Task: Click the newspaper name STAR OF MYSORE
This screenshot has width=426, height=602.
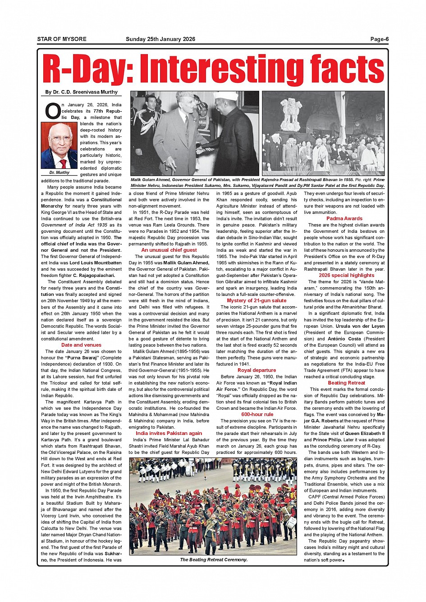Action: [x=62, y=39]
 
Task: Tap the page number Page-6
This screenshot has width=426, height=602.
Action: [x=379, y=39]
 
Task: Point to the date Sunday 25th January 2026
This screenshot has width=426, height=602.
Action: [x=160, y=39]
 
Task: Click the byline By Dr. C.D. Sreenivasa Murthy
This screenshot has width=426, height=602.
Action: [x=81, y=92]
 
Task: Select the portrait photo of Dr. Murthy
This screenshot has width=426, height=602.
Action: [x=60, y=146]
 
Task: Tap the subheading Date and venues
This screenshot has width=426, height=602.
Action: [x=81, y=345]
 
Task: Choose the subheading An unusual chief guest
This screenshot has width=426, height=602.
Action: [x=169, y=250]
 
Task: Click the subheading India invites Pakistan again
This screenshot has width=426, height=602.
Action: [x=169, y=433]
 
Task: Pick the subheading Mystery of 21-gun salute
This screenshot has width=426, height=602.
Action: [x=257, y=300]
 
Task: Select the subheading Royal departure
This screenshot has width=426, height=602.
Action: [x=257, y=370]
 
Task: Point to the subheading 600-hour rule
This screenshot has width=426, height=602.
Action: [x=257, y=414]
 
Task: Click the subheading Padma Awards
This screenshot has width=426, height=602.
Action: [x=344, y=218]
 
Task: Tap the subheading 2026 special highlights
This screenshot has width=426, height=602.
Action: [x=346, y=275]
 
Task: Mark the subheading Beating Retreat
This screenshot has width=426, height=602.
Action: [x=346, y=383]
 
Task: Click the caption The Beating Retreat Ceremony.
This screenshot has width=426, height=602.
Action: [x=214, y=560]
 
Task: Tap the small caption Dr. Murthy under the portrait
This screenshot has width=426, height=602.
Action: [x=60, y=172]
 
